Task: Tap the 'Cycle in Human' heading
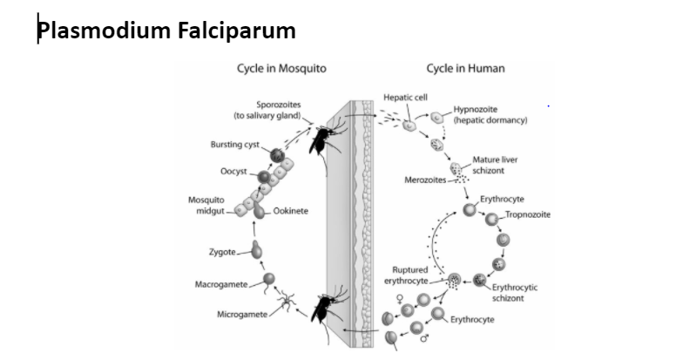coord(465,69)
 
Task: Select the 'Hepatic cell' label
coord(404,97)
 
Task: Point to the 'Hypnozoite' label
coord(473,109)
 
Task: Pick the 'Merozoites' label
coord(425,180)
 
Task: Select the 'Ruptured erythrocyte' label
coord(410,275)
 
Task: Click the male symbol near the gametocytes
coord(427,341)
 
